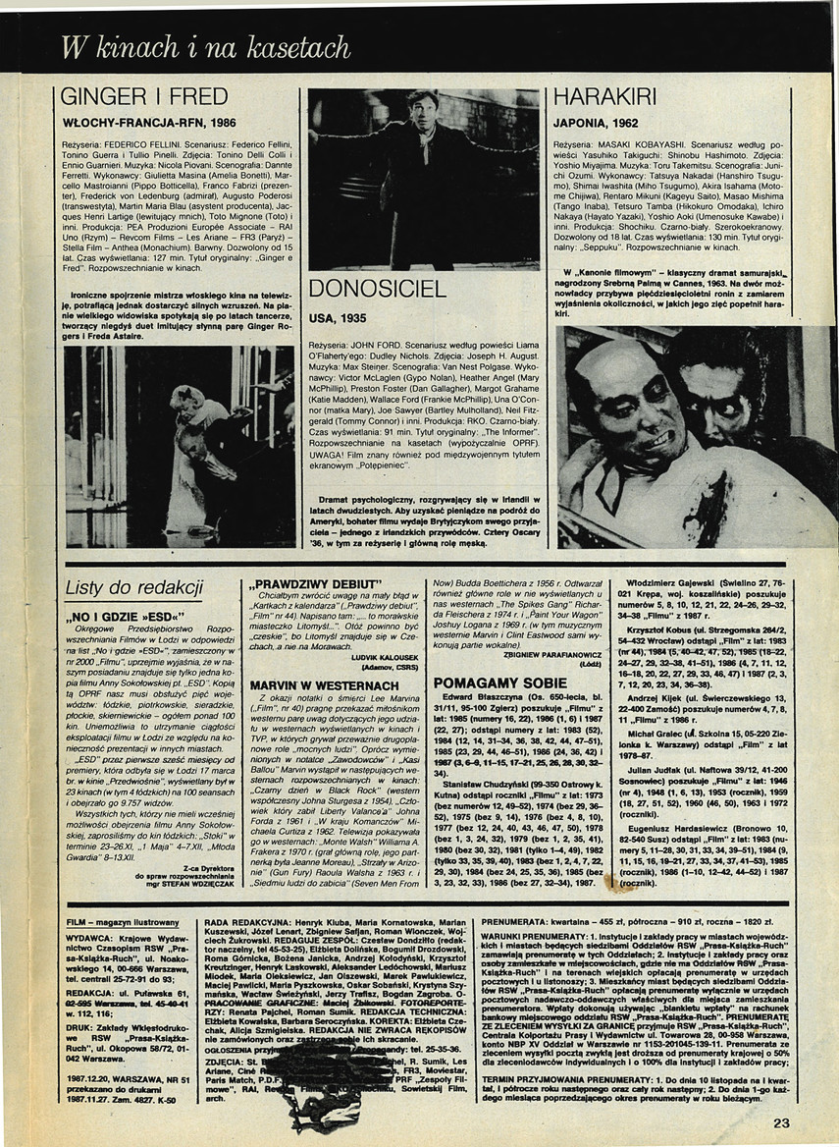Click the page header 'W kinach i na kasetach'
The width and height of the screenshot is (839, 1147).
tap(205, 46)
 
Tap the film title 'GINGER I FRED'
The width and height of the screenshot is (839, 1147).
tap(143, 97)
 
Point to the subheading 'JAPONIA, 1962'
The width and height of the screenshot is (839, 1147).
tap(599, 125)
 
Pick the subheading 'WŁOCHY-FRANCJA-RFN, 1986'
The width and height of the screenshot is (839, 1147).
tap(148, 125)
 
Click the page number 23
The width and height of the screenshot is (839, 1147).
tap(780, 1123)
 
